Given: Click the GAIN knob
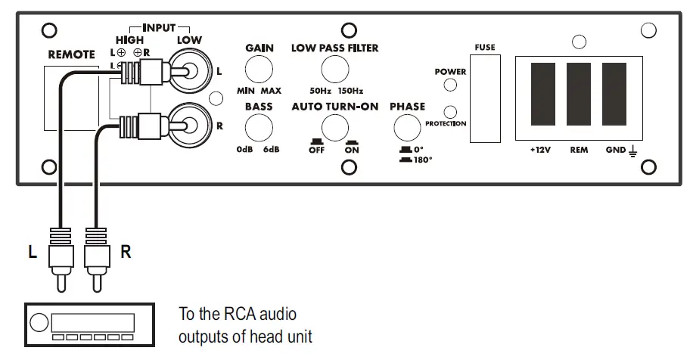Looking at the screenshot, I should pos(259,70).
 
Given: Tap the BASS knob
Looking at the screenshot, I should pos(259,129).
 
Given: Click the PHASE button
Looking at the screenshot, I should pos(407,129).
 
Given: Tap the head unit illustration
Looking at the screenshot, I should pos(90,325).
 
